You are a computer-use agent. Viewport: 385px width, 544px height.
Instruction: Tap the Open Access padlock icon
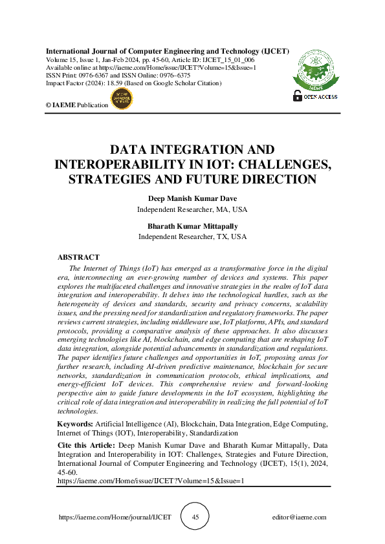pos(298,96)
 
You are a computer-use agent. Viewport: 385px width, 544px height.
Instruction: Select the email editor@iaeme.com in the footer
pos(300,518)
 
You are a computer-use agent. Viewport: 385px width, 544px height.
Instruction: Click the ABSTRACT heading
pos(78,257)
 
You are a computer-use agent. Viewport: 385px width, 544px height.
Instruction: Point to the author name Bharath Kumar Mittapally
pos(193,226)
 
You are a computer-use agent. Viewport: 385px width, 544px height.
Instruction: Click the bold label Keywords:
pos(75,424)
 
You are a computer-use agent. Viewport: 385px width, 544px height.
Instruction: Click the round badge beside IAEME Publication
pos(122,99)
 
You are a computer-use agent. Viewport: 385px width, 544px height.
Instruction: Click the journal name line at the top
pos(167,50)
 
